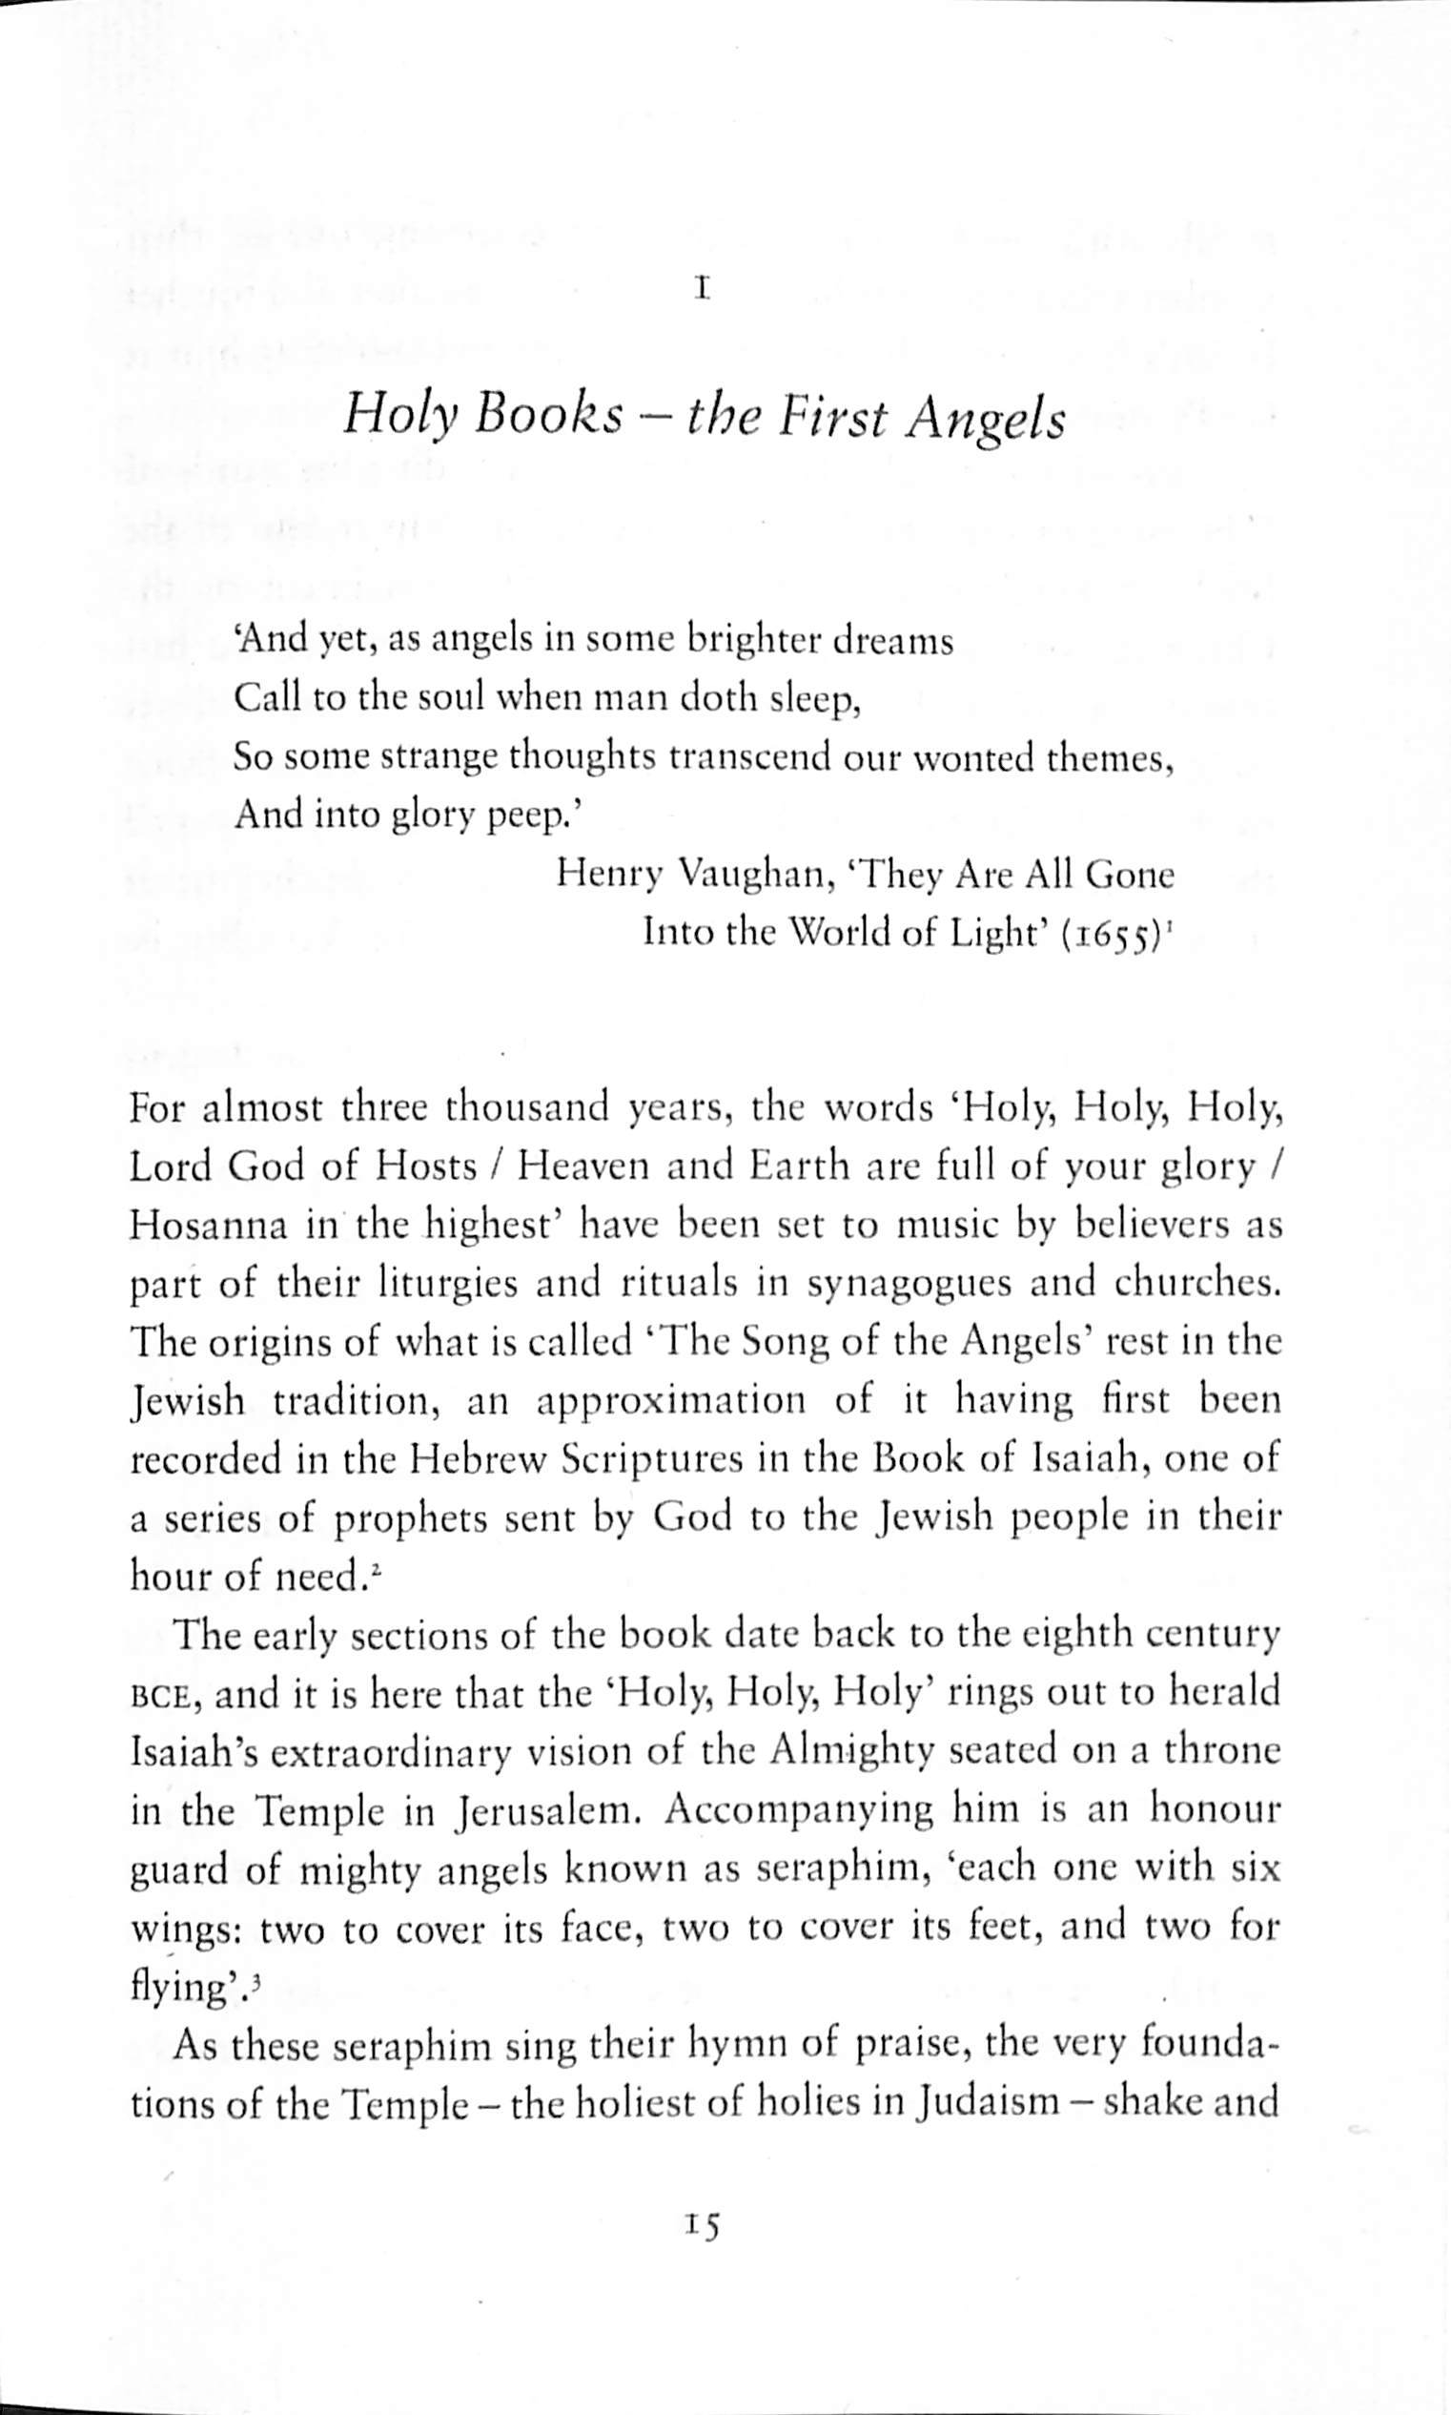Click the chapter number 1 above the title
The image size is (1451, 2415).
tap(700, 290)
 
